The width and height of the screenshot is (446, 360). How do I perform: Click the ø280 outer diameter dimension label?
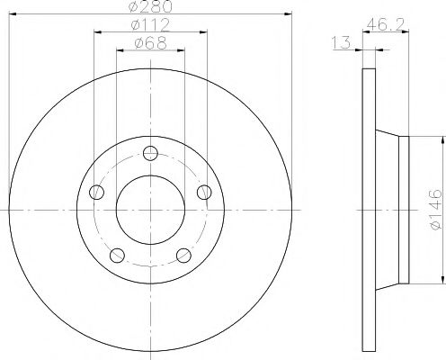click(149, 8)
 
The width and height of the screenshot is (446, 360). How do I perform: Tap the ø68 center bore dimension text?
click(149, 43)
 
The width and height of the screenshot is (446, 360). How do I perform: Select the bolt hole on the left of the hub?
click(96, 191)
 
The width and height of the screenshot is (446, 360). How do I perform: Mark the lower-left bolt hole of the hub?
click(117, 255)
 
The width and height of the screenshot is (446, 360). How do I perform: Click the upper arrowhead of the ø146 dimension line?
click(442, 138)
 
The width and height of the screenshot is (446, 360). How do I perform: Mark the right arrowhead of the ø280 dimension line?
click(287, 14)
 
